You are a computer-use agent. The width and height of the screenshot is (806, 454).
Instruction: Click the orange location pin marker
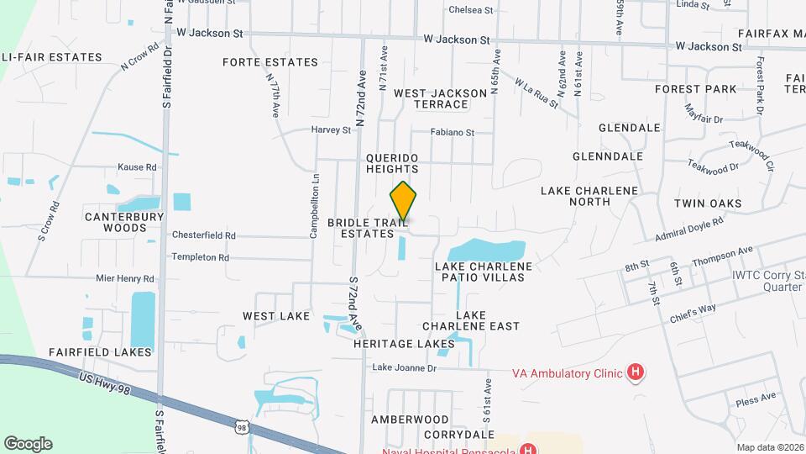[x=403, y=202]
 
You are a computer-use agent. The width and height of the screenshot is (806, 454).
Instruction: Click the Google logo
[x=28, y=444]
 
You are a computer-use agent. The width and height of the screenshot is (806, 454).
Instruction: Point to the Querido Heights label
[x=392, y=163]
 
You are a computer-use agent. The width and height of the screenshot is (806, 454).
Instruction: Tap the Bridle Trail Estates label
[x=367, y=228]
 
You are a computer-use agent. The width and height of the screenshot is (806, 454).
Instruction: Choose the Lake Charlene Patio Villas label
[x=484, y=271]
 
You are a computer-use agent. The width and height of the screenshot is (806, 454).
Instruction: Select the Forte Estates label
[x=270, y=62]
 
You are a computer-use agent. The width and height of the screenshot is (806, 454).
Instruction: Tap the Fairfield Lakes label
[x=100, y=352]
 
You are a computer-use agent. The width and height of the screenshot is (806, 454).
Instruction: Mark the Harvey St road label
[x=331, y=130]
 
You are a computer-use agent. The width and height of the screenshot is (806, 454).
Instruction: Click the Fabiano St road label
[x=453, y=133]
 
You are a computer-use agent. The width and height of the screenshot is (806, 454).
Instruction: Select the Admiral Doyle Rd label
[x=688, y=231]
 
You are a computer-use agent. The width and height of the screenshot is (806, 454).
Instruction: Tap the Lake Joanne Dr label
[x=405, y=367]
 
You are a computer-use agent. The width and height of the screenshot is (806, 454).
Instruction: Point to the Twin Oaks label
[x=708, y=203]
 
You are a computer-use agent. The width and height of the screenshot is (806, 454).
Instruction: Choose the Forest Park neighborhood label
[x=696, y=89]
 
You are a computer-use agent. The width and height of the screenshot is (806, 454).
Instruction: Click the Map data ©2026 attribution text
[x=769, y=447]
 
